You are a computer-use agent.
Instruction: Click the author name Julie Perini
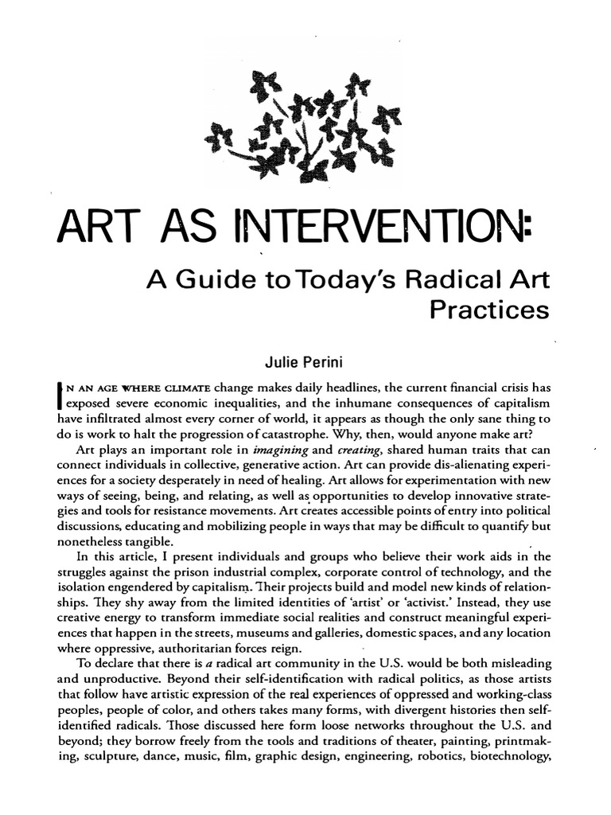[x=304, y=365]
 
